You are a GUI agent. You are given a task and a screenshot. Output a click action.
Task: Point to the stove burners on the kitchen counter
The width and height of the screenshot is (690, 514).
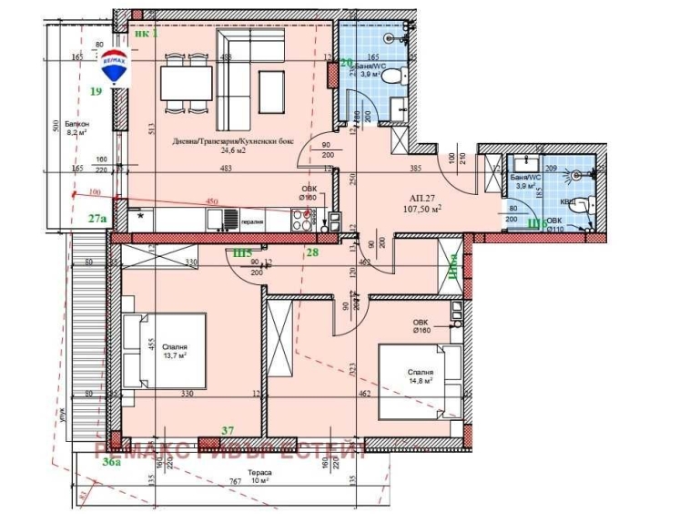coord(301,217)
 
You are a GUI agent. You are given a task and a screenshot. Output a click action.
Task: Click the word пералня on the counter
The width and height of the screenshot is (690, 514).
coord(253,220)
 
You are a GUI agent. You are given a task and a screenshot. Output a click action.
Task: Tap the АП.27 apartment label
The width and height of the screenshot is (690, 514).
coord(422,198)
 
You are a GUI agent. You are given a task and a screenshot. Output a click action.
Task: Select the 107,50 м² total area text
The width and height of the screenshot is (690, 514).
coord(423,209)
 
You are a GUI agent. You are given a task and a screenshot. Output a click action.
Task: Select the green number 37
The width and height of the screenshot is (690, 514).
coord(228,429)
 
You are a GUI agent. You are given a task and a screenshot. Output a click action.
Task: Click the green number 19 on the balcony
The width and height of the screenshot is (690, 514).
coord(96,90)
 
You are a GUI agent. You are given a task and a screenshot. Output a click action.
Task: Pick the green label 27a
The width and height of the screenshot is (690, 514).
coord(97,219)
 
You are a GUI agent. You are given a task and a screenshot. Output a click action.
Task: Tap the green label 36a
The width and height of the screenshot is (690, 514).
coord(111,463)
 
